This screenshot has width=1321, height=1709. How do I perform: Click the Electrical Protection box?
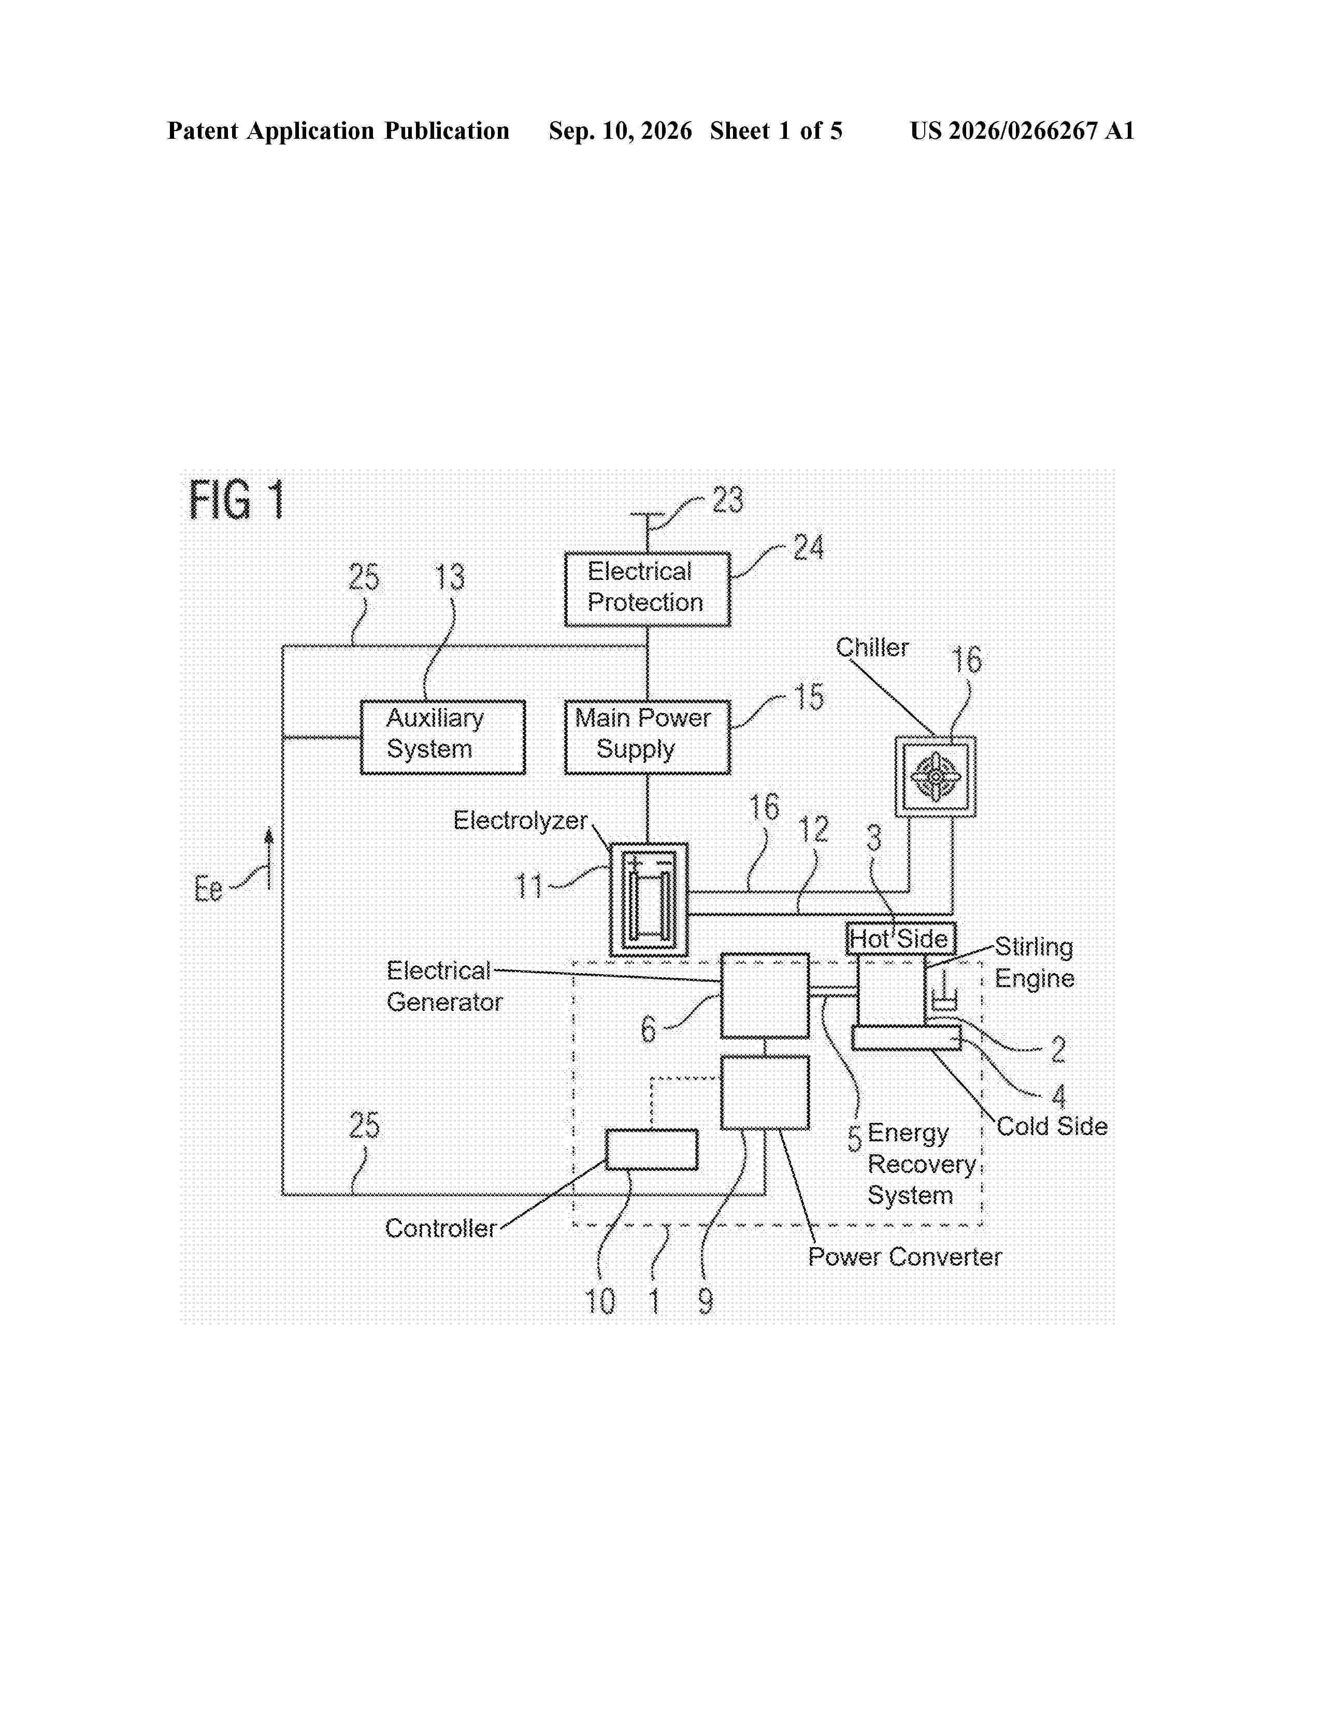click(x=647, y=589)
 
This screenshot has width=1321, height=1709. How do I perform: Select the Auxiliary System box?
click(x=442, y=737)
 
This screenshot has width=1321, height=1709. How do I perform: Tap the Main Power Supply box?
click(x=647, y=737)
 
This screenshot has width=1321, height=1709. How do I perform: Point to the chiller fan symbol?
click(x=935, y=777)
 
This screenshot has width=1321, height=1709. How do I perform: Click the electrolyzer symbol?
click(x=649, y=900)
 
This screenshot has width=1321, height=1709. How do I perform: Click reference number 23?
click(x=727, y=500)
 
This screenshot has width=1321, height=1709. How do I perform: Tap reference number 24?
click(x=809, y=548)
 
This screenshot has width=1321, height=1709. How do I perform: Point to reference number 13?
click(x=450, y=577)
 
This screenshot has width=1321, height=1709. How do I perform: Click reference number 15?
click(x=809, y=697)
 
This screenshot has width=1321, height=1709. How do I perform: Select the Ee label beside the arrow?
click(x=208, y=889)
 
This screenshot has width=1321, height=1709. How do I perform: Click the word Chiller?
click(x=872, y=648)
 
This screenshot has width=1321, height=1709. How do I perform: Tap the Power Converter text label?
click(x=904, y=1257)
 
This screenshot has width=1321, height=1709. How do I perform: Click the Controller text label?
click(x=441, y=1228)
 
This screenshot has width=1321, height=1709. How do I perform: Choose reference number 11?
click(x=529, y=887)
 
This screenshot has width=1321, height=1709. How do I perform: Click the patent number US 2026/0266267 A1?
click(x=1022, y=131)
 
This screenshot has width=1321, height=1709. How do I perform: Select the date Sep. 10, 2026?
click(x=620, y=131)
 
